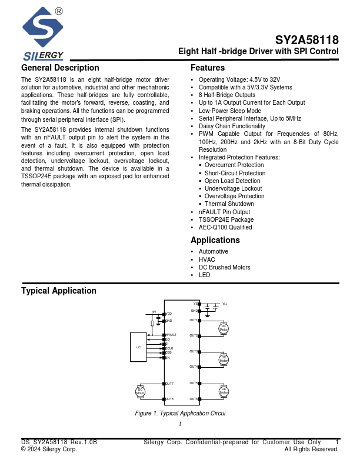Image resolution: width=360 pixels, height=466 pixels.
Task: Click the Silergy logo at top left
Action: tap(43, 32)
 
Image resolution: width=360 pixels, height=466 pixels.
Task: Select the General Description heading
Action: tap(60, 68)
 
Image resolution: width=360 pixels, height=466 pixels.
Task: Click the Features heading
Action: tap(208, 68)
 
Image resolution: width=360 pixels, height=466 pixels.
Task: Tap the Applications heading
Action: tap(215, 240)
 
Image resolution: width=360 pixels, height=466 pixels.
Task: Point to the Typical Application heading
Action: tap(59, 291)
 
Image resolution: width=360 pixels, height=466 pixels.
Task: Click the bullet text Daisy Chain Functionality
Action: tap(232, 127)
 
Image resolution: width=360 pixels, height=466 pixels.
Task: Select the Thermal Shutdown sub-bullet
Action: tap(229, 204)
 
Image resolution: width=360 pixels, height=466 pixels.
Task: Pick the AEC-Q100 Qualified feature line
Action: tap(225, 227)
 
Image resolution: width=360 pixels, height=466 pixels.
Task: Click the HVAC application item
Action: tap(207, 259)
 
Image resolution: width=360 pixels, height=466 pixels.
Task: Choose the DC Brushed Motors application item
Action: tap(224, 267)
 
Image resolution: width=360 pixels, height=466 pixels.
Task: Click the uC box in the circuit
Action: tap(138, 347)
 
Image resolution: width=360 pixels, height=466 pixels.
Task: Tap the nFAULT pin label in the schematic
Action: tap(171, 334)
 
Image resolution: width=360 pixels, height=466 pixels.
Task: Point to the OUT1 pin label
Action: tap(194, 320)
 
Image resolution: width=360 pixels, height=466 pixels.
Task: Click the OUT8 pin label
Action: tap(169, 399)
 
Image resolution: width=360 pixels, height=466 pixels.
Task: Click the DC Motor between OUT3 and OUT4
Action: tap(224, 359)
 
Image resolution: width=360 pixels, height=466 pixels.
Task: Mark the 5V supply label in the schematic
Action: tap(154, 311)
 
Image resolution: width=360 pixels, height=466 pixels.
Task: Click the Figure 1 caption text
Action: tap(180, 414)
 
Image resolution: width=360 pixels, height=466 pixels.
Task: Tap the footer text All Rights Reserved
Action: tap(311, 450)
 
